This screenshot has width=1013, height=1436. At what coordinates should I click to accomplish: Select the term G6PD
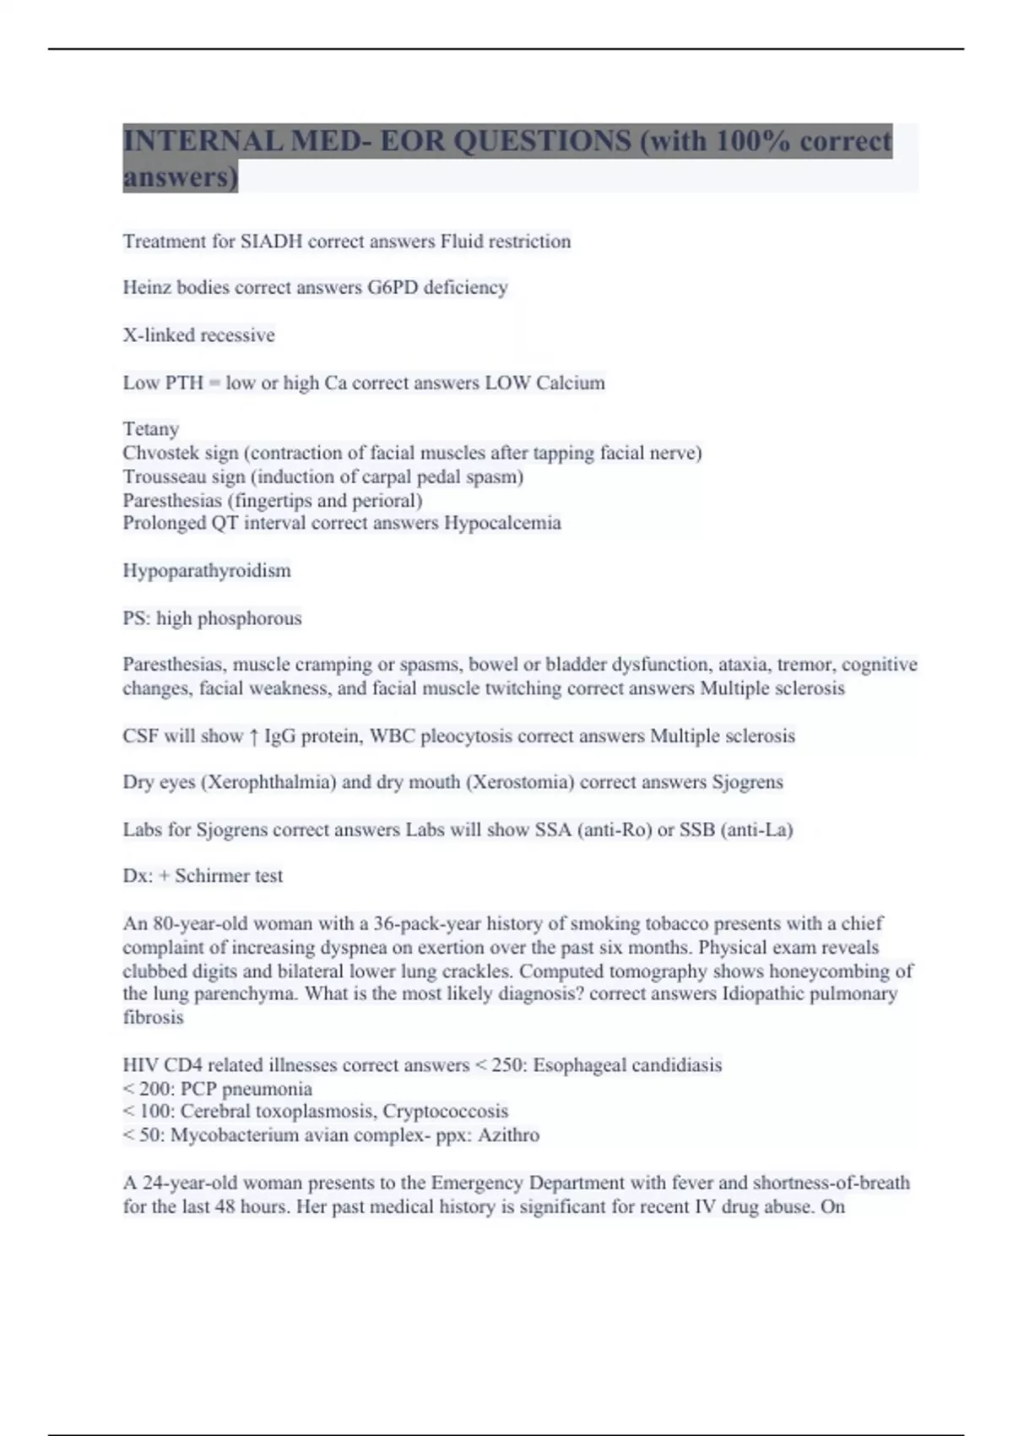[393, 288]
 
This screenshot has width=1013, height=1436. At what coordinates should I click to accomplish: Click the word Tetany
[150, 429]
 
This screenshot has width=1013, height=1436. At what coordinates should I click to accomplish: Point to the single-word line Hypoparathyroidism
[207, 571]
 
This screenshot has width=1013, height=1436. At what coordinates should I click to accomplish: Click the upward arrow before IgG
[253, 737]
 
